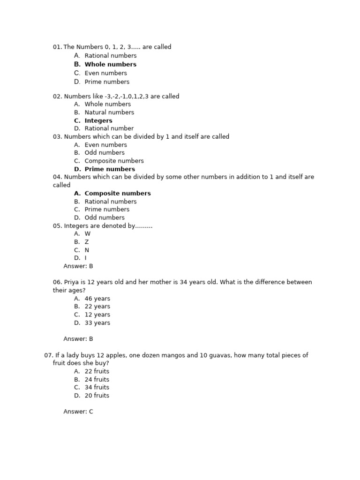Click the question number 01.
click(57, 47)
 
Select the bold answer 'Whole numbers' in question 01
click(110, 64)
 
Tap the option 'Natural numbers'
click(109, 112)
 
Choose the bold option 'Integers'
click(98, 120)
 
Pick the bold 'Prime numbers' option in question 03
click(110, 169)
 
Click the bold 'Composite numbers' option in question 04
click(118, 193)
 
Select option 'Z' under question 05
click(87, 242)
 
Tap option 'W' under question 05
click(88, 233)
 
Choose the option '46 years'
click(97, 299)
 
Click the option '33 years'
click(97, 323)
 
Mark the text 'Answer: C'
click(78, 412)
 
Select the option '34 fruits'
click(97, 387)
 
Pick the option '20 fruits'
click(97, 396)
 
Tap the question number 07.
click(48, 355)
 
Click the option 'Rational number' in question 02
click(109, 128)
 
